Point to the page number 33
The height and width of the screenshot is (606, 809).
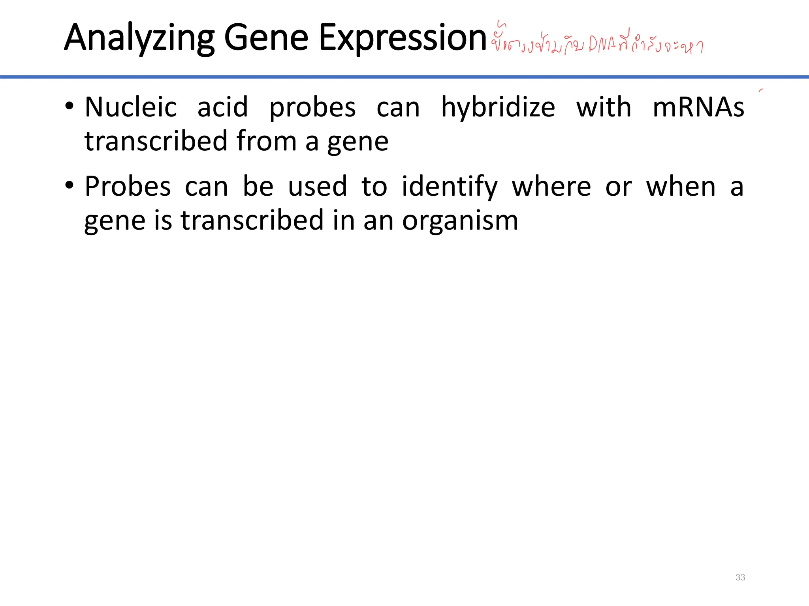tap(740, 577)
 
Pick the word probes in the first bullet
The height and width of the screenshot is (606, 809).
tap(312, 108)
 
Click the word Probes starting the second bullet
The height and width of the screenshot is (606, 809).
tap(128, 186)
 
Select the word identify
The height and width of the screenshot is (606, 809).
tap(450, 187)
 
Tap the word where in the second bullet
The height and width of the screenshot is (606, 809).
tap(551, 186)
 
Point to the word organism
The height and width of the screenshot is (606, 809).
tap(460, 221)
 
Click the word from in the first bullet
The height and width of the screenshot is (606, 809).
tap(266, 141)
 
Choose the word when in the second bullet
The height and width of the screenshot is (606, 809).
tap(681, 186)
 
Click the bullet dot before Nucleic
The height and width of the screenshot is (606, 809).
tap(69, 106)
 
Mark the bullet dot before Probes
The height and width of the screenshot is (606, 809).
tap(69, 185)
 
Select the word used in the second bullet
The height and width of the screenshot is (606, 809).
tap(317, 186)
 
